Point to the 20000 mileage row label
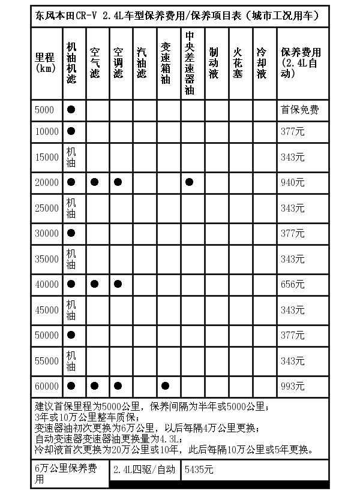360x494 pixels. [47, 182]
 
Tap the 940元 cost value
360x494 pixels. [292, 182]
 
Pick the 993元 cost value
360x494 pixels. [292, 385]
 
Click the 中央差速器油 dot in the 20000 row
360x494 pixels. [190, 182]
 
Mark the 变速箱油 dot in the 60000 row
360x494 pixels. [165, 385]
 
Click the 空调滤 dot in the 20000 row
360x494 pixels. [118, 182]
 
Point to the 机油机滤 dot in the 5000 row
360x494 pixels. [71, 110]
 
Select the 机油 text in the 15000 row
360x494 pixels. [71, 156]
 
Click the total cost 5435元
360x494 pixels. [200, 469]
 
